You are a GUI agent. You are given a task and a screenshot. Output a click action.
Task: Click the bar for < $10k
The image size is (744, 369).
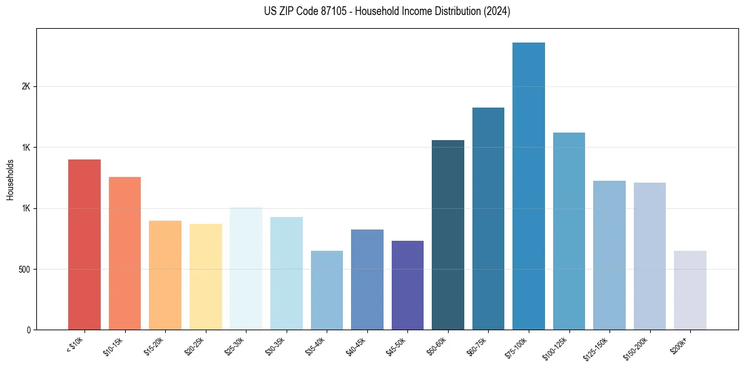[x=84, y=245]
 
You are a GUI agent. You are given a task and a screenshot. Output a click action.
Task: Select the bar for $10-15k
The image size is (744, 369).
[x=125, y=253]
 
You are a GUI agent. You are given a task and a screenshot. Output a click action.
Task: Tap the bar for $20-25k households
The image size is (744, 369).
[x=205, y=276]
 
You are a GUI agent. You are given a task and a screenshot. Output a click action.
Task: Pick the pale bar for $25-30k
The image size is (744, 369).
[x=246, y=268]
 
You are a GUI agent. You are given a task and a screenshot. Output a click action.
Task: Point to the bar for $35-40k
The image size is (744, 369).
[x=327, y=290]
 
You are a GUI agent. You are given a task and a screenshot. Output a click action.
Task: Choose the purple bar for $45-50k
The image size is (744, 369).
[x=407, y=285]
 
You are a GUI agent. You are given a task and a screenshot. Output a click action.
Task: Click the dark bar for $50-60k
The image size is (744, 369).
[x=448, y=235]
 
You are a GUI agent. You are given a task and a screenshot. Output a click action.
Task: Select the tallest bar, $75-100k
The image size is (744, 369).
[x=529, y=186]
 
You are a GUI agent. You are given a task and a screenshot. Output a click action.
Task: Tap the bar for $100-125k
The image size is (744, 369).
[x=569, y=231]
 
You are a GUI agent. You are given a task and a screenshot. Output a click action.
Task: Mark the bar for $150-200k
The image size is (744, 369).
[x=650, y=256]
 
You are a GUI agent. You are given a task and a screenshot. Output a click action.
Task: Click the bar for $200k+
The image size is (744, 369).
[x=690, y=290]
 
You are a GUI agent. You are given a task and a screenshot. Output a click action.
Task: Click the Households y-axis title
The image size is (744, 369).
[x=11, y=179]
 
